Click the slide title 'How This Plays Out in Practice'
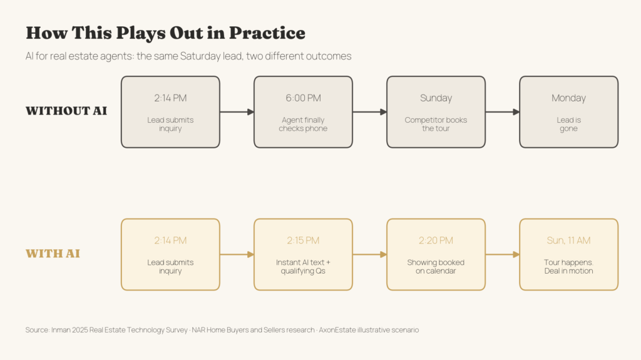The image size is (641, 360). tap(165, 33)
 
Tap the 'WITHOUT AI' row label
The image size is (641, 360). tap(66, 111)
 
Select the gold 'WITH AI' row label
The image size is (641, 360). tap(53, 254)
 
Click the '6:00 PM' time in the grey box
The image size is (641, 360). tap(303, 98)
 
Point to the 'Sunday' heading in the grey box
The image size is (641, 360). tap(436, 98)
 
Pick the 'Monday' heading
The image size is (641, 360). tap(568, 98)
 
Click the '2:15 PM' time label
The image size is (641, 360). tap(303, 240)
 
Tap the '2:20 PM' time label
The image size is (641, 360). tap(436, 240)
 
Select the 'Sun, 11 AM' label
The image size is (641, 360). tap(568, 240)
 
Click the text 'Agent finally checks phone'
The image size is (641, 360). tap(303, 124)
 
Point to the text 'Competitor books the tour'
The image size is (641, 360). tap(436, 124)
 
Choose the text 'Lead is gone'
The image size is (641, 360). tap(568, 124)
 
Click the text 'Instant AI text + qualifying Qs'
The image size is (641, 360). tap(303, 267)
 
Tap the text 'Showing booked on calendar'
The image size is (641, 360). tap(436, 267)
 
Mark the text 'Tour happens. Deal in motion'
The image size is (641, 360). tap(568, 267)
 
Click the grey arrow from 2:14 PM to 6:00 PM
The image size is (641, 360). tap(237, 111)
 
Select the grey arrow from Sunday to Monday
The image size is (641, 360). tap(503, 111)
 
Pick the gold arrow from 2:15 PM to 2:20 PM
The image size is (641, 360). tap(369, 254)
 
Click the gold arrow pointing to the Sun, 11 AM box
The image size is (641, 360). tap(503, 254)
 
